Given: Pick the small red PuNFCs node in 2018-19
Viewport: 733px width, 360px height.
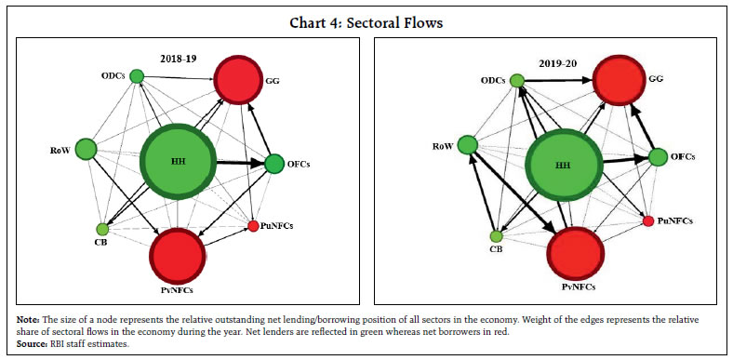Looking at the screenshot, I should (253, 225).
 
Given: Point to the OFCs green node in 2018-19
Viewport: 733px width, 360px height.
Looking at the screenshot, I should (274, 164).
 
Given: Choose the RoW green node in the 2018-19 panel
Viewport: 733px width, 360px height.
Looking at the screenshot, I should (86, 148).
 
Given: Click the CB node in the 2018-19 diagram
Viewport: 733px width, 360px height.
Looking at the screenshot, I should (102, 229).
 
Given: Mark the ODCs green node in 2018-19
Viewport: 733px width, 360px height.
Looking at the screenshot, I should (137, 76).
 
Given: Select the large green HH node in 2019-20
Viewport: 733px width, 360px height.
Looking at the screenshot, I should (562, 165).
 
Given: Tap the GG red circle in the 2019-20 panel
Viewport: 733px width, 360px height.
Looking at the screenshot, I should (622, 82).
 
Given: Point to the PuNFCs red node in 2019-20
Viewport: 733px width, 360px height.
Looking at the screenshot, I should (648, 220).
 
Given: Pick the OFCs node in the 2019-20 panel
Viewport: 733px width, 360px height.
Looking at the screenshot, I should (658, 157).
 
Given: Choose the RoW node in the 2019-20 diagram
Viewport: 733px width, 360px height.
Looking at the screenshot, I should (468, 144).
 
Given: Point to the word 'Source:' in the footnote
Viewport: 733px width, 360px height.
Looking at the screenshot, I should (33, 343).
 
